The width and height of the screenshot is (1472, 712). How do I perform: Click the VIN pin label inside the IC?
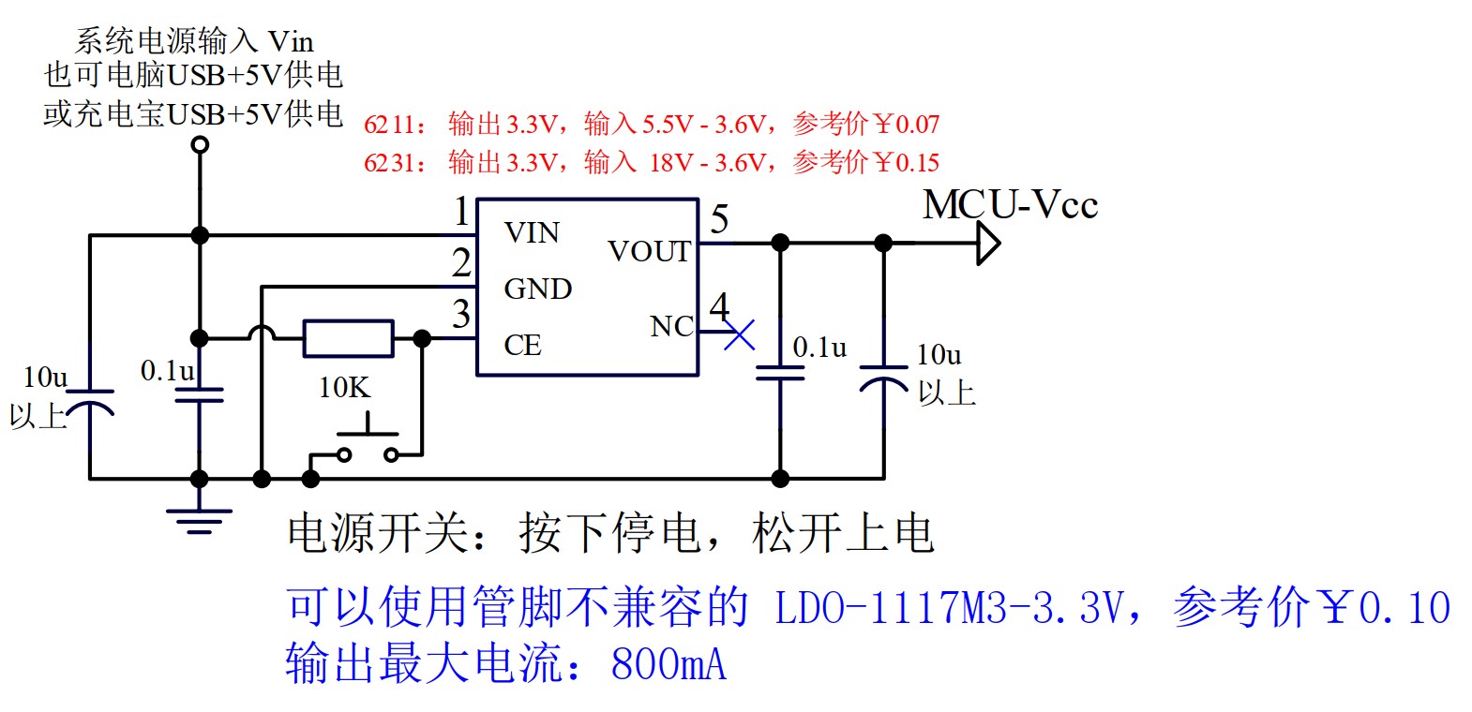[531, 232]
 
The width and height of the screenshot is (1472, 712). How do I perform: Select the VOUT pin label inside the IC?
[649, 251]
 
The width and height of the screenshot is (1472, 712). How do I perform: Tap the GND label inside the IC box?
[537, 289]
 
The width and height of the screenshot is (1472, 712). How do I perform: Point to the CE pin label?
[522, 345]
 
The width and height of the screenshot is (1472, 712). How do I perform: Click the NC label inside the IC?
[671, 326]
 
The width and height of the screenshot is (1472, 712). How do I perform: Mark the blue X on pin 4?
[739, 334]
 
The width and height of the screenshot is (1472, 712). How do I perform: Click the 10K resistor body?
[348, 338]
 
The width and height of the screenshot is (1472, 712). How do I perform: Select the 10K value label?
[344, 387]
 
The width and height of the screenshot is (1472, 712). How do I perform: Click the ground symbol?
[199, 520]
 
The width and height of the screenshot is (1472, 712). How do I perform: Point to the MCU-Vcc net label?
[1009, 205]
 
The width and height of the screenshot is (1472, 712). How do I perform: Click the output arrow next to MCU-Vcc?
[987, 244]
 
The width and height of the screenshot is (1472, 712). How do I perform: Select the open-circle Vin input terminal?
[199, 144]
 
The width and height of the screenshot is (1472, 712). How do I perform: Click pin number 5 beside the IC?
[719, 220]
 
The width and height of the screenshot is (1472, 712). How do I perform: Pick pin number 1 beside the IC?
[460, 212]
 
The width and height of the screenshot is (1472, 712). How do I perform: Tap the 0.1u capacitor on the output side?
[780, 373]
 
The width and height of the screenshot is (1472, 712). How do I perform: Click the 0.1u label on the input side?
[167, 371]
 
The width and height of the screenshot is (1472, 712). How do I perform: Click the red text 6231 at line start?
[388, 163]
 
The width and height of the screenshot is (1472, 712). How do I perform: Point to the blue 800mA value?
[668, 664]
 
